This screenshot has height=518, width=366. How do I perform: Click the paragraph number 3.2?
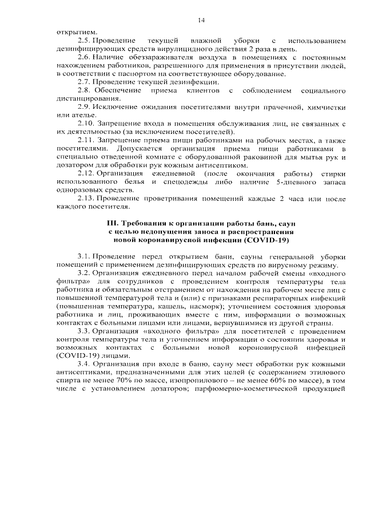[85, 273]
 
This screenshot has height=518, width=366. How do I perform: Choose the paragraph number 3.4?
[85, 364]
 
